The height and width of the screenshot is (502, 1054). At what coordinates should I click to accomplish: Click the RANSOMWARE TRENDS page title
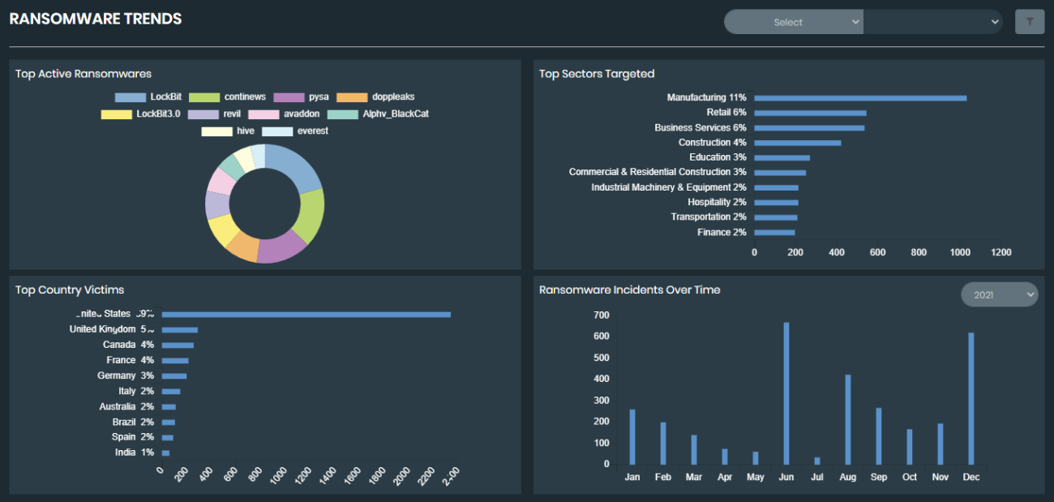96,19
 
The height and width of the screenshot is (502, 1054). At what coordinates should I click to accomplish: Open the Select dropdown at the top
793,23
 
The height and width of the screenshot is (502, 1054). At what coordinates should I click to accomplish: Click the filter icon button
1029,22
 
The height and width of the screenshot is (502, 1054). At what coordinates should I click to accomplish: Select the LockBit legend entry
149,97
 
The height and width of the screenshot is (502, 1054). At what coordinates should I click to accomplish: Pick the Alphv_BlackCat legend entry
379,114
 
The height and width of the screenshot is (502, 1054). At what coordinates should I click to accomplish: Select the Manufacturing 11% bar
859,98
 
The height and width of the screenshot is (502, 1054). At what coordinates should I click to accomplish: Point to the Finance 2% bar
774,233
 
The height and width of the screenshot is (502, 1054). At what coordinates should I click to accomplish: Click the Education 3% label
718,157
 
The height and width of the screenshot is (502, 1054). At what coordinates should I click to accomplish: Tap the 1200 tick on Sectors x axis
1001,252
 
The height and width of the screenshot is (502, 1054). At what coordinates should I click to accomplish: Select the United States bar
306,315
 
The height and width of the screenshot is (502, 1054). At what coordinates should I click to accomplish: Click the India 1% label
134,453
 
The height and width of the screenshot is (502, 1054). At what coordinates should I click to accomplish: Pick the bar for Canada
178,345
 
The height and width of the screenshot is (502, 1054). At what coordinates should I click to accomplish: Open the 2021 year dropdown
998,295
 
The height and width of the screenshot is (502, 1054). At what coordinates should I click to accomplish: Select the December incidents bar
970,398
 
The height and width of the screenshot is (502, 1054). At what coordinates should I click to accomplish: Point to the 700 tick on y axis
601,315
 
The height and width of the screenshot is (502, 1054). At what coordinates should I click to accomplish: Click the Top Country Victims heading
70,290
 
